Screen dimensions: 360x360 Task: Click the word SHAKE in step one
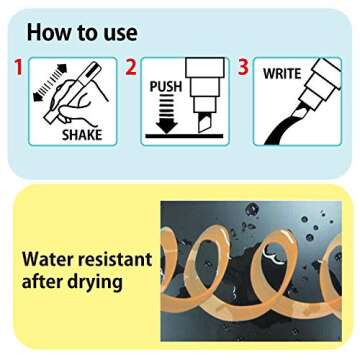coord(82,135)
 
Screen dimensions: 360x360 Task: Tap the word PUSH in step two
coord(166,87)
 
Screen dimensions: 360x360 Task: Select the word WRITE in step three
coord(282,74)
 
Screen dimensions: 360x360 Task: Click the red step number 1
coord(19,67)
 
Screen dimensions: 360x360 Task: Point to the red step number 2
coord(131,67)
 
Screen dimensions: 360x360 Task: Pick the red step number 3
coord(243,67)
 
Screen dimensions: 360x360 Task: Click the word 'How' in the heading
coord(46,32)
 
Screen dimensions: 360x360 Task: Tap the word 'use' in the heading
coord(120,34)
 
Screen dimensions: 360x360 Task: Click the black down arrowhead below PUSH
coord(166,127)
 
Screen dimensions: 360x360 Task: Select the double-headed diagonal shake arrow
coord(50,82)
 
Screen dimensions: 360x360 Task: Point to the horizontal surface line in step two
coord(184,136)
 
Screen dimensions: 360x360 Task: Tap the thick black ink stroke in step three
coord(283,128)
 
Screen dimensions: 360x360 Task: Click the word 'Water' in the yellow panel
coord(47,260)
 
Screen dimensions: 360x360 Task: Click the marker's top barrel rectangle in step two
coord(205,67)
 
